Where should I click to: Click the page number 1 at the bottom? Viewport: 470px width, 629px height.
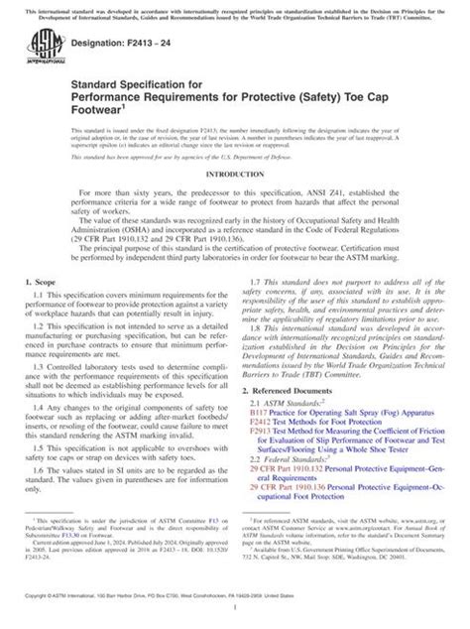click(x=235, y=616)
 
